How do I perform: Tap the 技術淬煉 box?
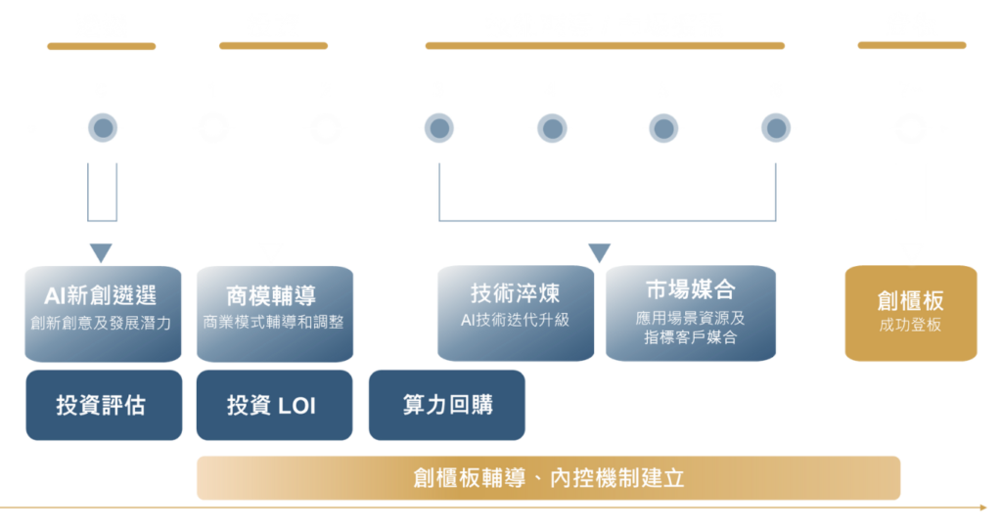point(515,305)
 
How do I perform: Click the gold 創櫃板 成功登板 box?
point(911,312)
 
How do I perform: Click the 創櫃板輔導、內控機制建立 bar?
point(549,478)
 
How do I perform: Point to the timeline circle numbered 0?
point(102,128)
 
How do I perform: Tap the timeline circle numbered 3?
point(438,128)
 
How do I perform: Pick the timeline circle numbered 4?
point(552,128)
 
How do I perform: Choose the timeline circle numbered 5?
point(663,128)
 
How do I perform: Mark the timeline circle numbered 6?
point(776,128)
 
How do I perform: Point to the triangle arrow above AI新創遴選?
point(101,251)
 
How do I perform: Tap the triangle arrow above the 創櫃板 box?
point(911,251)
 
